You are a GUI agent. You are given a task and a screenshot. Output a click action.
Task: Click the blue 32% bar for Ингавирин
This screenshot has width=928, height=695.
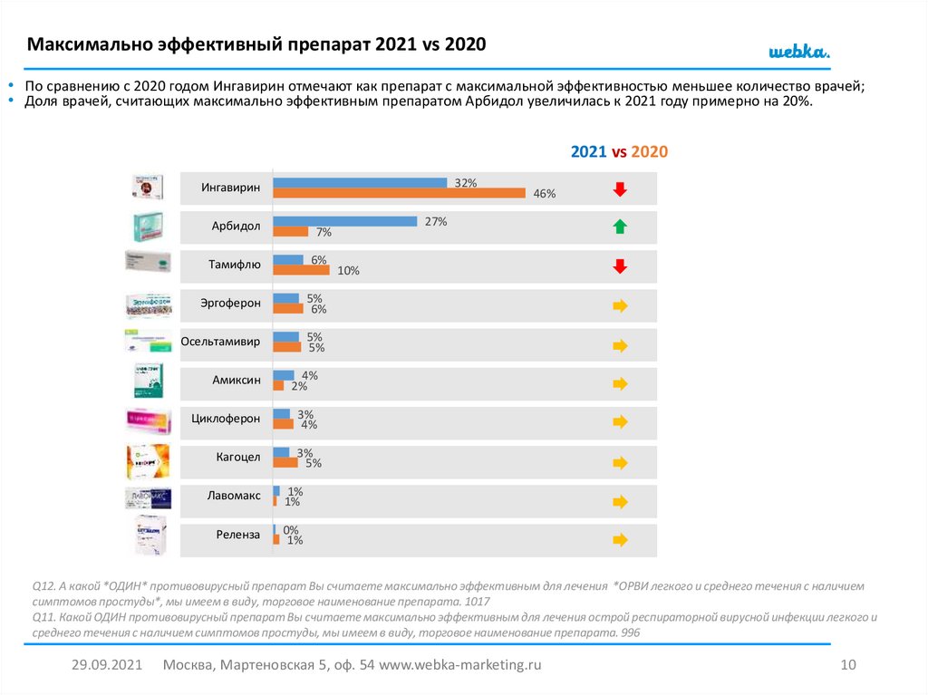[360, 182]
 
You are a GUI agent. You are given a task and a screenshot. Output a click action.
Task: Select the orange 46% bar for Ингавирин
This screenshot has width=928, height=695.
[399, 192]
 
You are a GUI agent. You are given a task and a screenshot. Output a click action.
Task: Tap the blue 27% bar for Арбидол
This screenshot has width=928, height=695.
[344, 221]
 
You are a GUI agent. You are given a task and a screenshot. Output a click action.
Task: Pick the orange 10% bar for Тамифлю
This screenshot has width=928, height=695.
[301, 270]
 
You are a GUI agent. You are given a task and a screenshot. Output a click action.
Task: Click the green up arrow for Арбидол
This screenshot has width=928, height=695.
[620, 227]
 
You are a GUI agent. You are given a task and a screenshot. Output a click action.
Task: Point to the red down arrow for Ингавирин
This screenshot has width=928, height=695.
[620, 188]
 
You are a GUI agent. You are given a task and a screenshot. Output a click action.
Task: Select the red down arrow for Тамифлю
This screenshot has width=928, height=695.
[620, 266]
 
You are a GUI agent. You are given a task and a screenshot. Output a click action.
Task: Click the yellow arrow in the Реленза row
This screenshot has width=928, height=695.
[620, 539]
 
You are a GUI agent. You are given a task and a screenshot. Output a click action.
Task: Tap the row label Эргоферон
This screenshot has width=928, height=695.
[231, 303]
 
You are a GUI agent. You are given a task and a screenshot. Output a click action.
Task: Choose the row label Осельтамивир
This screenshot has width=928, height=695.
[220, 342]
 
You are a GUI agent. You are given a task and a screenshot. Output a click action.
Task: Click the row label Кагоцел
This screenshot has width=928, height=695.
[237, 458]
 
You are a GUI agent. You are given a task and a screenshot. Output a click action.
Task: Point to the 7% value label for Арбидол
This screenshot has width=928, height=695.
[324, 232]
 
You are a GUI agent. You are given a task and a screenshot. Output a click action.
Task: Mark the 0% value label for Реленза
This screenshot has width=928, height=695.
[291, 530]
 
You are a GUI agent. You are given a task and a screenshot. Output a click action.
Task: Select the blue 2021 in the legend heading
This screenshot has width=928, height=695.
[588, 152]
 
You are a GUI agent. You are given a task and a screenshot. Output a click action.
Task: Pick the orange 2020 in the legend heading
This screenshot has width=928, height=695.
[650, 152]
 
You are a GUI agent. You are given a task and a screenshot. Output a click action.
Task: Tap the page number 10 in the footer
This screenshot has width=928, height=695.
[848, 665]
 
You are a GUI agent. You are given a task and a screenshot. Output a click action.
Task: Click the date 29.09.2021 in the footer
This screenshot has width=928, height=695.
[107, 665]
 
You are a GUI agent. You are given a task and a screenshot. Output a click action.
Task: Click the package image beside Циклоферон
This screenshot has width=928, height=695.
[148, 422]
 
